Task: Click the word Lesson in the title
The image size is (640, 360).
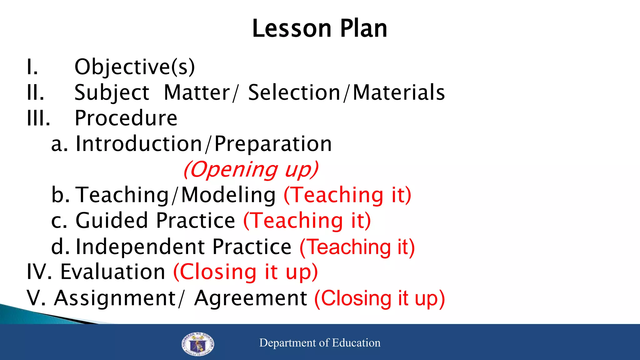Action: click(x=291, y=28)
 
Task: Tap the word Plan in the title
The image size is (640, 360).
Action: click(x=363, y=28)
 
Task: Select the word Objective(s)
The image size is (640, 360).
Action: click(x=135, y=67)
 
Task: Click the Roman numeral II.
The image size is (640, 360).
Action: click(x=35, y=92)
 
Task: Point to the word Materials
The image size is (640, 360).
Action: click(x=399, y=92)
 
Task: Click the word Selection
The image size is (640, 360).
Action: click(x=294, y=92)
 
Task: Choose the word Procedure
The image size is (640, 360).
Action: click(x=126, y=118)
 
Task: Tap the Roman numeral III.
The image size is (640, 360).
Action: click(x=38, y=118)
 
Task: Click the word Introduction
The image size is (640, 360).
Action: click(x=139, y=144)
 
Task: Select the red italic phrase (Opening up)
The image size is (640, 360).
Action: click(x=251, y=169)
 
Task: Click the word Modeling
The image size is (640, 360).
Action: click(x=228, y=195)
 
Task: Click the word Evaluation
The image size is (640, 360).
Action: click(x=112, y=272)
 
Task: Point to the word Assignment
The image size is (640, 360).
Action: click(x=115, y=298)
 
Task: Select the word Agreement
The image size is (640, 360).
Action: click(x=250, y=298)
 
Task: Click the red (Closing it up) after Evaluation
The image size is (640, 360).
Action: click(x=246, y=272)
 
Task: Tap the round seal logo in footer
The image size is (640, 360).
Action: click(x=197, y=344)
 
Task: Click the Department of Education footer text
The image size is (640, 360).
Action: click(x=320, y=343)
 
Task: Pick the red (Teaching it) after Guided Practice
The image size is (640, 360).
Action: click(x=307, y=221)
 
